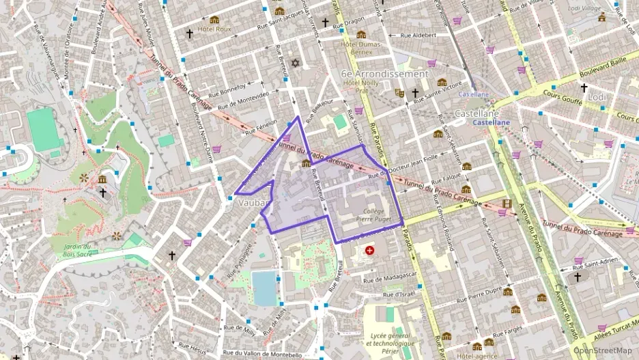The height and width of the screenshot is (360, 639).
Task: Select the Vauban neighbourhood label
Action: click(x=252, y=203)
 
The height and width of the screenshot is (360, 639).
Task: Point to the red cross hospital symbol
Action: click(x=370, y=251)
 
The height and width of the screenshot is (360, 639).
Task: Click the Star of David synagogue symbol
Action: click(x=296, y=63)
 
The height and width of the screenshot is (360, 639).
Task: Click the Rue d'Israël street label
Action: click(x=399, y=294)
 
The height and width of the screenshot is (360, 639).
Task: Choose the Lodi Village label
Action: click(x=585, y=8)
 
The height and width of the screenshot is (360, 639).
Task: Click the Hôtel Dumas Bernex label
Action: click(x=356, y=47)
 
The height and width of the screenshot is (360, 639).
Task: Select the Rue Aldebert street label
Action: click(x=417, y=35)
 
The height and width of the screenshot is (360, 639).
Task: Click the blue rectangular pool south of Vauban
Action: click(x=265, y=288)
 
